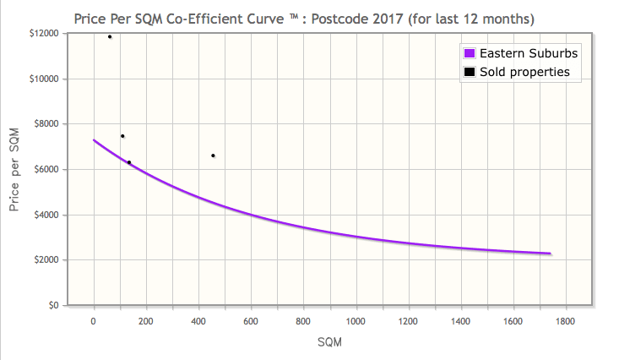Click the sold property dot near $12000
coord(110,36)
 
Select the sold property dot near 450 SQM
coord(213,155)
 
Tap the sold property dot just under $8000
coord(122,136)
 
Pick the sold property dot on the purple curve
coord(129,162)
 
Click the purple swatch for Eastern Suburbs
coord(470,53)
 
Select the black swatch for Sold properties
coord(470,72)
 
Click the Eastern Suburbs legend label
coord(529,53)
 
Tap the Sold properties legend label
coord(524,72)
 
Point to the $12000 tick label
coord(44,34)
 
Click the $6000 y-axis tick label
coord(46,169)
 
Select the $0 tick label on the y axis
coord(54,305)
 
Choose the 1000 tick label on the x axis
coord(356,321)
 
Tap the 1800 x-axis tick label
coord(565,321)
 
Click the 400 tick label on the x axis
coord(198,321)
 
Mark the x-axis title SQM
coord(329,341)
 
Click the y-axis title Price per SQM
coord(14,170)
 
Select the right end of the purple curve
coord(551,254)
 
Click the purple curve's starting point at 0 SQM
coord(94,140)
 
